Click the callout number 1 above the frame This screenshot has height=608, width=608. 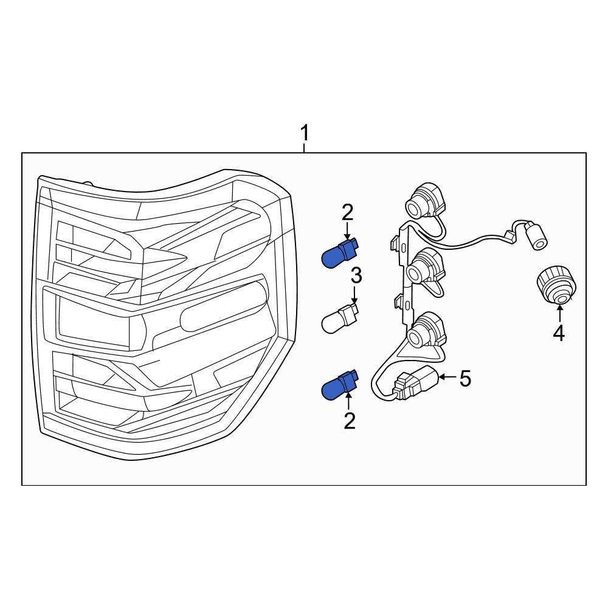(x=305, y=133)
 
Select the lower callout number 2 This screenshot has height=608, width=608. (x=350, y=421)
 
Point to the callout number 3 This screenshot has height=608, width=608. (x=356, y=275)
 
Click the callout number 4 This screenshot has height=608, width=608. (x=559, y=333)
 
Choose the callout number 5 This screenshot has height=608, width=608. (x=465, y=378)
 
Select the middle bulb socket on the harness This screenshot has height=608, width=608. (x=426, y=268)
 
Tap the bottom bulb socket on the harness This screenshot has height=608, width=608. (x=426, y=331)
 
